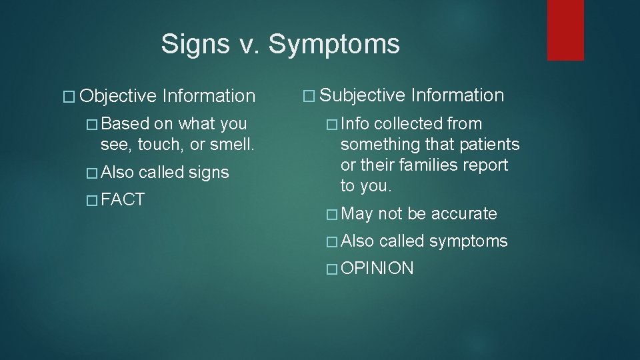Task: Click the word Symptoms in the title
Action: (x=335, y=45)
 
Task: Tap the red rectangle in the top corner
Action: (x=565, y=30)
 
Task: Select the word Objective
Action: (x=118, y=97)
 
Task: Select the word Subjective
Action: (x=363, y=95)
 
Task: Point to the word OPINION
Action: (x=377, y=269)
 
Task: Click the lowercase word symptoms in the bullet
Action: (x=468, y=241)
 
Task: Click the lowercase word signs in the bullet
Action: (x=209, y=173)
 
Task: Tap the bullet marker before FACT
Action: (x=92, y=200)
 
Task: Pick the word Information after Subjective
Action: (x=457, y=95)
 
